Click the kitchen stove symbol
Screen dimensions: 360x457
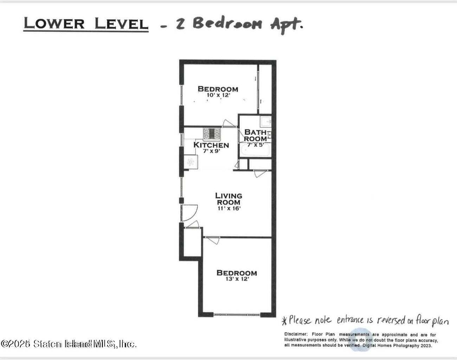(212, 134)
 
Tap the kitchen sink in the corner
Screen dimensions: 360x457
(191, 162)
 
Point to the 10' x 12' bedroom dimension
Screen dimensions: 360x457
(218, 95)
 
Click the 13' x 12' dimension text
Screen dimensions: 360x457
(237, 279)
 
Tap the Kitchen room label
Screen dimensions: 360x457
(211, 145)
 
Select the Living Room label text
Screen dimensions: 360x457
(228, 199)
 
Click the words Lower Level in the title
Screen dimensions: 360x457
(86, 24)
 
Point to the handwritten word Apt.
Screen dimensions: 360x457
(286, 25)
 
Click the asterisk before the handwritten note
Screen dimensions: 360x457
(285, 321)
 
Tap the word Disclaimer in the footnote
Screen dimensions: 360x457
(296, 334)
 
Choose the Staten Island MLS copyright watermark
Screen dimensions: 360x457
(69, 343)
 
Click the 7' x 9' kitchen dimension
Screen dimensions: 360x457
(211, 151)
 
